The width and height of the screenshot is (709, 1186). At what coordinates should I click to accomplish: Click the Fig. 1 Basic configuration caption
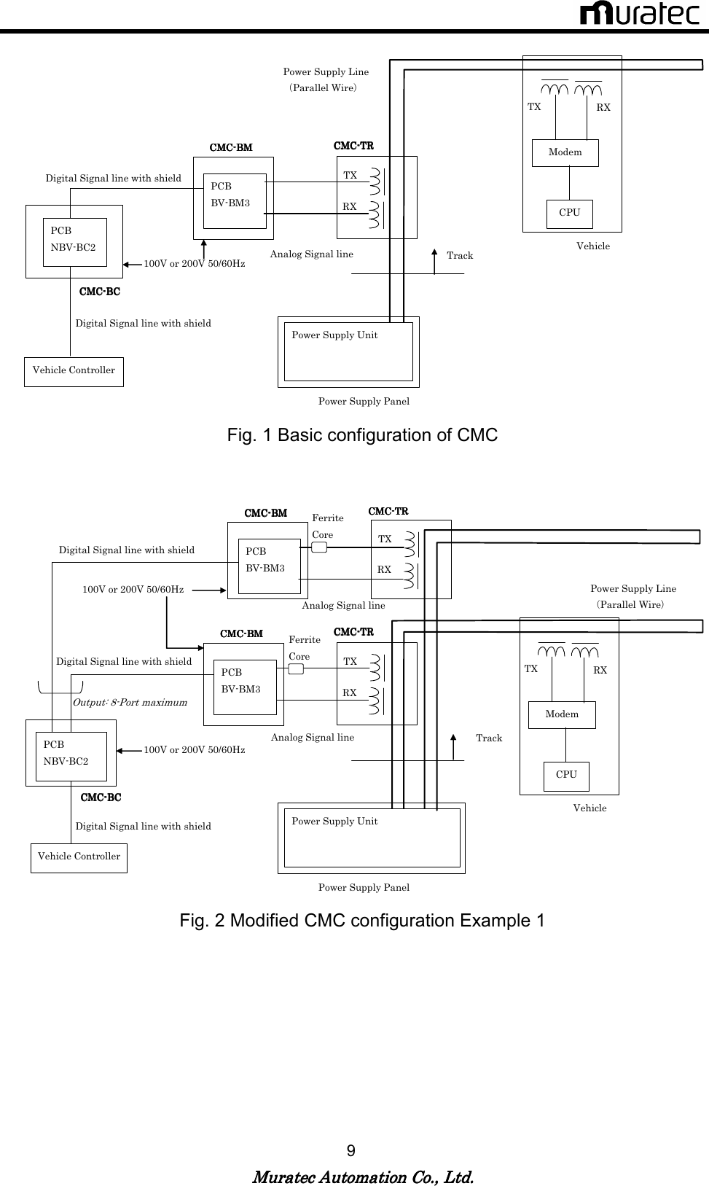pos(362,435)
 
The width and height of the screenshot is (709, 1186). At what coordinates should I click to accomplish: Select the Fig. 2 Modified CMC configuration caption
pos(362,921)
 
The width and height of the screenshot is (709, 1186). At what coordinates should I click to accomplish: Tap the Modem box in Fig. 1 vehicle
pos(565,152)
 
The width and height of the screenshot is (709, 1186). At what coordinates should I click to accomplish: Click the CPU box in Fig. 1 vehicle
pos(569,213)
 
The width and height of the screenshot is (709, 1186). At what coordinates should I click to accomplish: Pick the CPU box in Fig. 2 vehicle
pos(566,775)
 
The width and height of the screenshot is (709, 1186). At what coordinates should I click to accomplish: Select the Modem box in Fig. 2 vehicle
pos(562,714)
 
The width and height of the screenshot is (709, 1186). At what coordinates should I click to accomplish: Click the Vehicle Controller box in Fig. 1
pos(74,371)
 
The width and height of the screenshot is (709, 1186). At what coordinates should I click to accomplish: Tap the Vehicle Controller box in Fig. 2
pos(79,857)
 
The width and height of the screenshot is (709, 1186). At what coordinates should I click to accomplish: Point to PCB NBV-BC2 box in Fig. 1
pos(74,241)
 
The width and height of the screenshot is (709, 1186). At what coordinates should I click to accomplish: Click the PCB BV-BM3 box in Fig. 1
pos(235,200)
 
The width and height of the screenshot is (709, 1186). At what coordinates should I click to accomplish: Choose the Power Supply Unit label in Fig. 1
pos(334,335)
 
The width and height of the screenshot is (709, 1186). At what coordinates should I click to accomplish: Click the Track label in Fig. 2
pos(489,738)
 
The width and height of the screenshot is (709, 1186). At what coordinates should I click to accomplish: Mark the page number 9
pos(351,1151)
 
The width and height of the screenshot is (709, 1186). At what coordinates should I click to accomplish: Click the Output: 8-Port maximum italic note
pos(130,703)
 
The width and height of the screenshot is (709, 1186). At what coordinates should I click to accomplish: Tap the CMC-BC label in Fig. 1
pos(100,292)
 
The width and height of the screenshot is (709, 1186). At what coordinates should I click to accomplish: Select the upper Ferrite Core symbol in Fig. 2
pos(318,547)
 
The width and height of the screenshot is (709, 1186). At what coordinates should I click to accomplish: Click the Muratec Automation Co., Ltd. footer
pos(362,1177)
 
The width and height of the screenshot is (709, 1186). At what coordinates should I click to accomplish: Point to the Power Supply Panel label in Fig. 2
pos(364,887)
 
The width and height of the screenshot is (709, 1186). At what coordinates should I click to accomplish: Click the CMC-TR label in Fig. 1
pos(353,146)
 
